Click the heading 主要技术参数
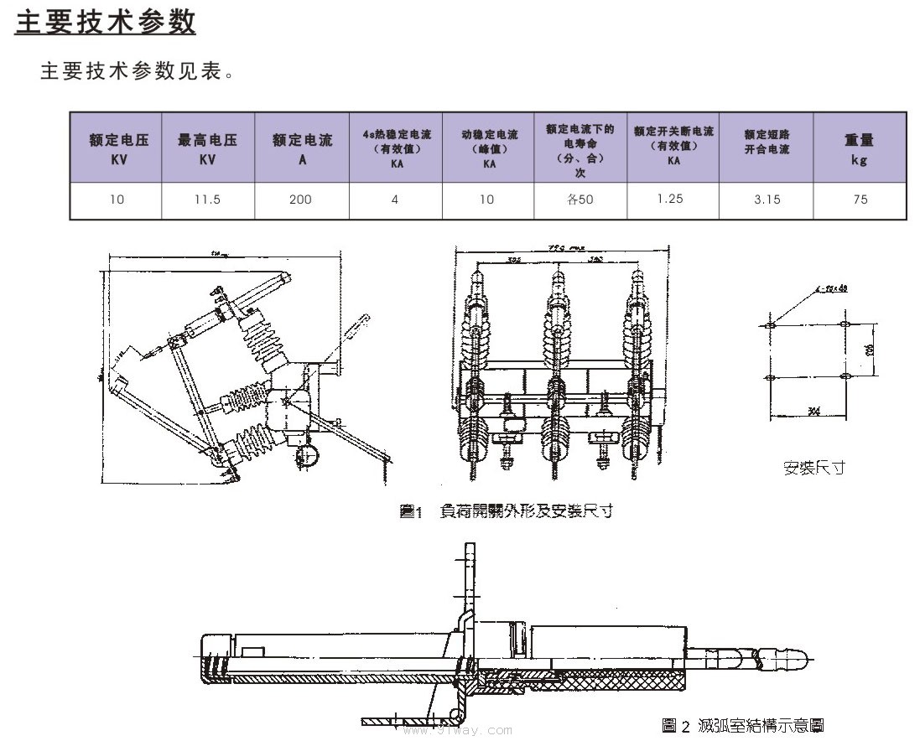click(106, 22)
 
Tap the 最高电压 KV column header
click(208, 148)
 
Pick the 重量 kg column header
click(859, 148)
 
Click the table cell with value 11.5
click(208, 199)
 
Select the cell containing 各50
click(580, 199)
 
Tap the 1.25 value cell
click(671, 199)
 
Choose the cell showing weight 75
click(860, 199)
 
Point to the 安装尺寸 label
click(813, 468)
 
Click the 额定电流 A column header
click(302, 148)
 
